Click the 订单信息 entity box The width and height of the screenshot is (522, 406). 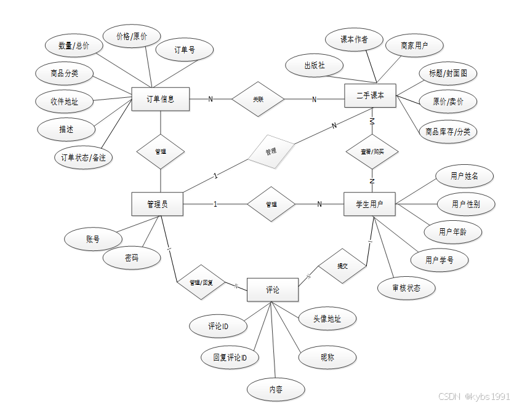pyautogui.click(x=160, y=99)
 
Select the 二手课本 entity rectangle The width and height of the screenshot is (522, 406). pyautogui.click(x=370, y=96)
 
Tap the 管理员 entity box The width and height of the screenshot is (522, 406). pyautogui.click(x=158, y=204)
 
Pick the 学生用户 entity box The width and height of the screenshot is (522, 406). pyautogui.click(x=369, y=204)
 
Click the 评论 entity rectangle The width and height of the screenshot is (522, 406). pyautogui.click(x=273, y=290)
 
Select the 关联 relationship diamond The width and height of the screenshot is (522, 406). pyautogui.click(x=258, y=98)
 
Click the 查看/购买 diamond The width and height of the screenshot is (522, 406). pyautogui.click(x=372, y=151)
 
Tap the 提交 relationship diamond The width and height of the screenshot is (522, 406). pyautogui.click(x=342, y=266)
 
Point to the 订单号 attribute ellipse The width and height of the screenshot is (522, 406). pyautogui.click(x=185, y=50)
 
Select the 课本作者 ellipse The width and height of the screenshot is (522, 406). pyautogui.click(x=354, y=39)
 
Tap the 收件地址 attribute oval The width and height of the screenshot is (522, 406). pyautogui.click(x=64, y=101)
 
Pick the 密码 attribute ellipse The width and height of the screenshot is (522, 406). pyautogui.click(x=131, y=258)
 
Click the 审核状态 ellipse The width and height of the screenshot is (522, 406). pyautogui.click(x=406, y=287)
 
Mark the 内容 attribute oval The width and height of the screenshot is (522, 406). pyautogui.click(x=276, y=389)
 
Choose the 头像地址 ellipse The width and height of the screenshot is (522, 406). pyautogui.click(x=327, y=319)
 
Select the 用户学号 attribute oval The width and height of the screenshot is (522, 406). pyautogui.click(x=440, y=260)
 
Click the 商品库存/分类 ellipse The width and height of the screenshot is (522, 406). pyautogui.click(x=448, y=131)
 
